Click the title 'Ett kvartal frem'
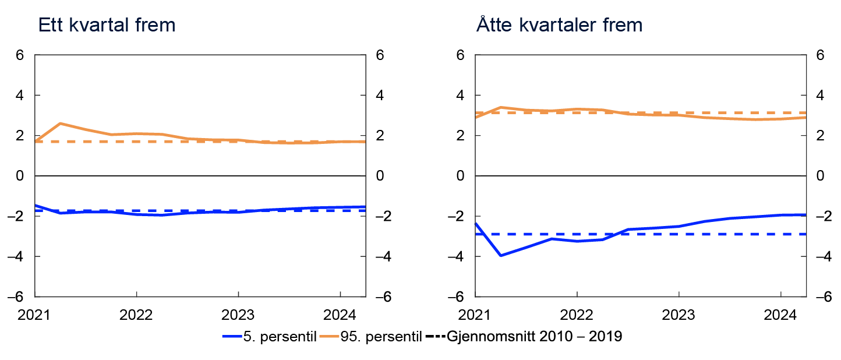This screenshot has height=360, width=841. tap(106, 26)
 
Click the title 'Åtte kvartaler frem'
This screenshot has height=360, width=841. tap(559, 26)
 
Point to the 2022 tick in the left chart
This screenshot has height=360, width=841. tap(136, 316)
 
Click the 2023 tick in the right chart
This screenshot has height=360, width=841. tap(679, 316)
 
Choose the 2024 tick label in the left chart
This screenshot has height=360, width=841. tap(340, 316)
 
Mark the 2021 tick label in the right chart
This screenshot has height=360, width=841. tap(475, 316)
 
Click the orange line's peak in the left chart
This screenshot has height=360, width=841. tap(61, 123)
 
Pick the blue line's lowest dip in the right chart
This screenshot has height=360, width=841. tap(501, 255)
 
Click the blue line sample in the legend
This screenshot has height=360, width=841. tap(231, 337)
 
